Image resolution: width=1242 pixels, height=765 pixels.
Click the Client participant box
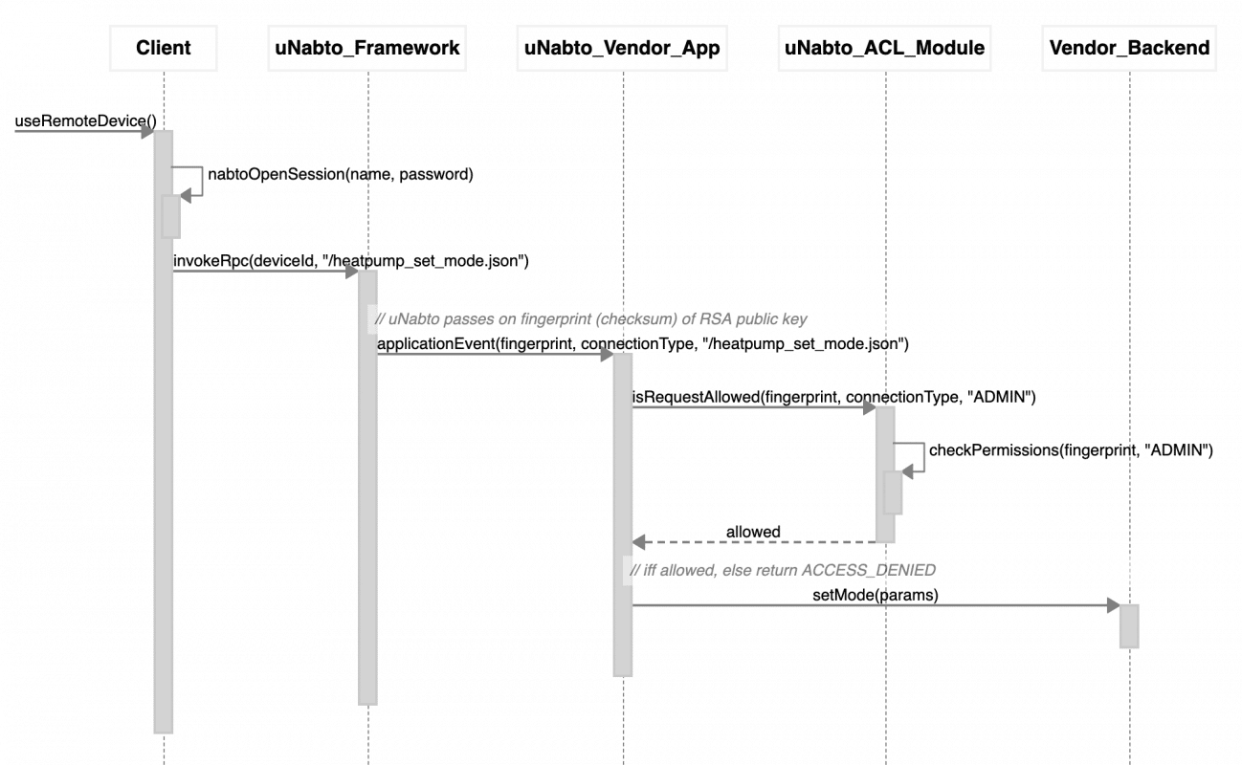click(x=163, y=48)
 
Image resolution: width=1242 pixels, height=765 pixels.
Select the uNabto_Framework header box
click(x=367, y=48)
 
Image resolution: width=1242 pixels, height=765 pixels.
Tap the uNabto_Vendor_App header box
click(x=622, y=48)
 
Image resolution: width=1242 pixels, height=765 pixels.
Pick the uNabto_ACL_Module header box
click(x=884, y=48)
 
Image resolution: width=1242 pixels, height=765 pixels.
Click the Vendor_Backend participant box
click(x=1129, y=48)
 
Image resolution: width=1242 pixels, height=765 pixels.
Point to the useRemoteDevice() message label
click(x=85, y=120)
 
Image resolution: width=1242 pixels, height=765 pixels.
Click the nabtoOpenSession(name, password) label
click(x=341, y=174)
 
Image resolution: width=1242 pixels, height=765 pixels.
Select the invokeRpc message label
click(x=351, y=261)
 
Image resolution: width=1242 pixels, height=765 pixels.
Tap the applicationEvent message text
click(x=643, y=344)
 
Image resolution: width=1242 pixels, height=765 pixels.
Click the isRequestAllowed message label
click(x=834, y=397)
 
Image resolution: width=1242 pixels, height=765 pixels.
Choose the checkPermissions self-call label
click(x=1071, y=450)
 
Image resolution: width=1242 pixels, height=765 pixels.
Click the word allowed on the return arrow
click(x=753, y=532)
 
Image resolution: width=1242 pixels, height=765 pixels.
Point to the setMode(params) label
click(x=876, y=596)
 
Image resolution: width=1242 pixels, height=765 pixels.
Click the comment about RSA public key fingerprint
click(x=590, y=319)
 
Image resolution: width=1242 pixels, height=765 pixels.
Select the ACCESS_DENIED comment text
click(x=783, y=570)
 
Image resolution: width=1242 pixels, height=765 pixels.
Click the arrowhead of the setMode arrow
click(x=1114, y=605)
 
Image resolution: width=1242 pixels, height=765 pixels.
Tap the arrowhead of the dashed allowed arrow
click(x=638, y=542)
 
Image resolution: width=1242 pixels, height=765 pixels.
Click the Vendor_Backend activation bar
click(x=1129, y=626)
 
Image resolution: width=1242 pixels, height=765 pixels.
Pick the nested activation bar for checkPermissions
click(x=893, y=493)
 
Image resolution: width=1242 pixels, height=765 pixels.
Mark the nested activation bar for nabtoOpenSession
click(x=170, y=217)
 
